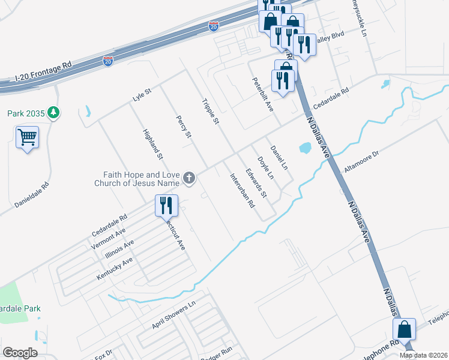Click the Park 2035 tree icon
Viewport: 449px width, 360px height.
[x=54, y=112]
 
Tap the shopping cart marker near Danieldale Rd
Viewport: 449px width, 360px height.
[x=28, y=137]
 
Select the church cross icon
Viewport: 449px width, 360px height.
[x=189, y=177]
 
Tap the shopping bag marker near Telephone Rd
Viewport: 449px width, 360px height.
[x=405, y=329]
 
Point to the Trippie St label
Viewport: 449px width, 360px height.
[x=209, y=112]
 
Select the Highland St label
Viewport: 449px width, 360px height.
[x=152, y=144]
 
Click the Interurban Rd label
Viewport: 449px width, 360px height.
[x=243, y=190]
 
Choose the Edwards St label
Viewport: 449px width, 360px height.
[x=256, y=179]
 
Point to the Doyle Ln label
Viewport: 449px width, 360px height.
[x=265, y=168]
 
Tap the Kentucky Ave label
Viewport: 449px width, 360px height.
[x=115, y=270]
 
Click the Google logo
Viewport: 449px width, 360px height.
[x=20, y=353]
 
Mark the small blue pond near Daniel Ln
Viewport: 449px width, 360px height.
[x=304, y=147]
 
